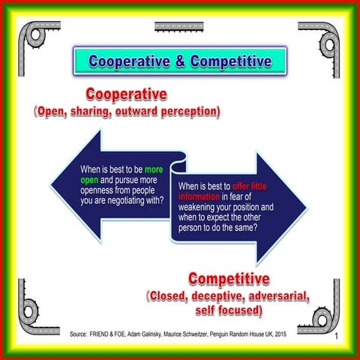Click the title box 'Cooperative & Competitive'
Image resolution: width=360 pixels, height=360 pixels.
point(181,60)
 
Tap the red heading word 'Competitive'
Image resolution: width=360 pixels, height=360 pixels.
point(229,280)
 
